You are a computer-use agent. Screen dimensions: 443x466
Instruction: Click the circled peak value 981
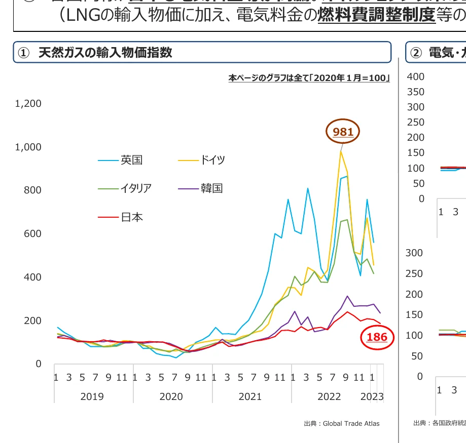tap(343, 132)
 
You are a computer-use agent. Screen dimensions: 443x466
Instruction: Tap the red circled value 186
tap(377, 337)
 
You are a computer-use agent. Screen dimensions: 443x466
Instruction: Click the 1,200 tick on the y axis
tap(28, 103)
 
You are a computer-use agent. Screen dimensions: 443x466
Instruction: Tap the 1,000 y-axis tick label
tap(28, 147)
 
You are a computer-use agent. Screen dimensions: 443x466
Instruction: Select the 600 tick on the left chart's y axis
tap(32, 234)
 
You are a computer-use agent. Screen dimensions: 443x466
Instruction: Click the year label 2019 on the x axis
tap(92, 396)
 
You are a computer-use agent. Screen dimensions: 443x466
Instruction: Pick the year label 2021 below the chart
tap(250, 396)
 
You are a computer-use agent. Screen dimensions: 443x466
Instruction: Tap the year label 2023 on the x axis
tap(372, 396)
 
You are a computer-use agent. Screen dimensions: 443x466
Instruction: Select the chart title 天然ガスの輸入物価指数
tap(105, 53)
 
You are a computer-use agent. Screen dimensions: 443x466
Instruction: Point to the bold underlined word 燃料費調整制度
tap(377, 16)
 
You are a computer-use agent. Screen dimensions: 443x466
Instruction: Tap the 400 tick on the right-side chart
tap(415, 76)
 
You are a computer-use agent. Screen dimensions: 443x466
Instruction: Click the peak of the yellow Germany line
tap(341, 151)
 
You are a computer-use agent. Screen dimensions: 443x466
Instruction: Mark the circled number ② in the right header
tap(416, 53)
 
